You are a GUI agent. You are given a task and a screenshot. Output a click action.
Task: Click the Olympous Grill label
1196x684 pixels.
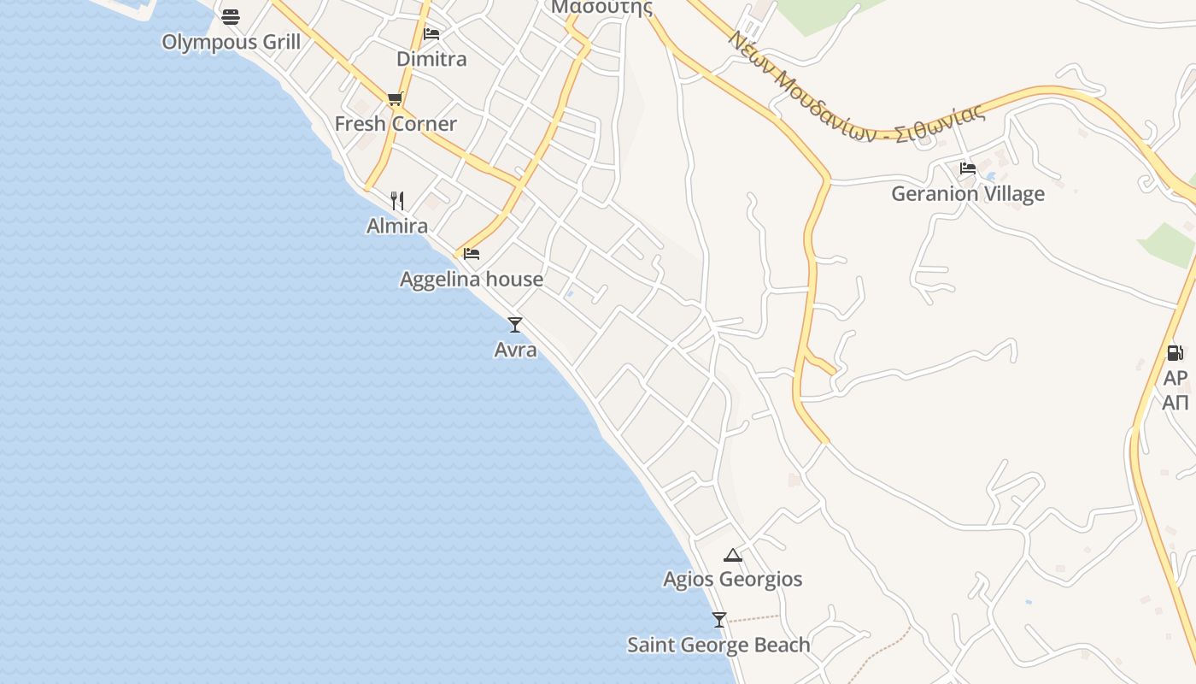click(x=231, y=42)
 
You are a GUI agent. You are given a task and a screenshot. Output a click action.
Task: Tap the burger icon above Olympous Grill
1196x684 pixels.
click(x=230, y=16)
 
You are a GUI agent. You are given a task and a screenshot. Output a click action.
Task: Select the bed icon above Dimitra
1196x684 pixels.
click(x=431, y=34)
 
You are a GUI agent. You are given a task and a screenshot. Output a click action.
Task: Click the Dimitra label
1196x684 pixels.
click(x=431, y=59)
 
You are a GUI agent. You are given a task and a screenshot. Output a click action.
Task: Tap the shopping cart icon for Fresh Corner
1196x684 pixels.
click(x=395, y=99)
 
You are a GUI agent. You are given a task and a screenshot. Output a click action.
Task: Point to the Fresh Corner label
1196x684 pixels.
click(x=396, y=124)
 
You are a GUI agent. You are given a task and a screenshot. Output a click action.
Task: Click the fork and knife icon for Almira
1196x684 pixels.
click(x=397, y=201)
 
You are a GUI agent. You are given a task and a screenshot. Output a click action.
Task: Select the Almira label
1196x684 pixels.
click(x=397, y=227)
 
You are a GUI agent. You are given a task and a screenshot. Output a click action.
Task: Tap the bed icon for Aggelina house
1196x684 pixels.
click(x=472, y=254)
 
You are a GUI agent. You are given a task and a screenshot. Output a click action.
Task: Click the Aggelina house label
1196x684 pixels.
click(x=472, y=280)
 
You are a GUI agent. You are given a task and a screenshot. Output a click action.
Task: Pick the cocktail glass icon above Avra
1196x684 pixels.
click(x=515, y=324)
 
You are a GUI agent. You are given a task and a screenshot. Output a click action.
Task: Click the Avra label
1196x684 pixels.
click(x=515, y=350)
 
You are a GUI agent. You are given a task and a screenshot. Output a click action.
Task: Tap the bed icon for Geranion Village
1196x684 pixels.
click(x=968, y=168)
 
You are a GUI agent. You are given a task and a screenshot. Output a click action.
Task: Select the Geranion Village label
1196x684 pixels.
click(x=968, y=194)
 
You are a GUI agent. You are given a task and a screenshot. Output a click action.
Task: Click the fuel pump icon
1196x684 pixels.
click(x=1175, y=352)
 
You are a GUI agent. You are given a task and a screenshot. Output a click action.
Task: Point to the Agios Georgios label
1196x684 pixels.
click(x=733, y=580)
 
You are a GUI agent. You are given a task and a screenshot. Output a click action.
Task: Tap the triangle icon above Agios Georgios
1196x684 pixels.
click(x=733, y=555)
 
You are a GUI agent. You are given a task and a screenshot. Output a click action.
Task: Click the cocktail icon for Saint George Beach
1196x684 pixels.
click(x=719, y=619)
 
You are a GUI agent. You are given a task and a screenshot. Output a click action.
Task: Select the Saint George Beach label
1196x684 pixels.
click(x=718, y=645)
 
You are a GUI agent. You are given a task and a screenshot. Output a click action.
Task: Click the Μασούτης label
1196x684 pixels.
click(x=601, y=8)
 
